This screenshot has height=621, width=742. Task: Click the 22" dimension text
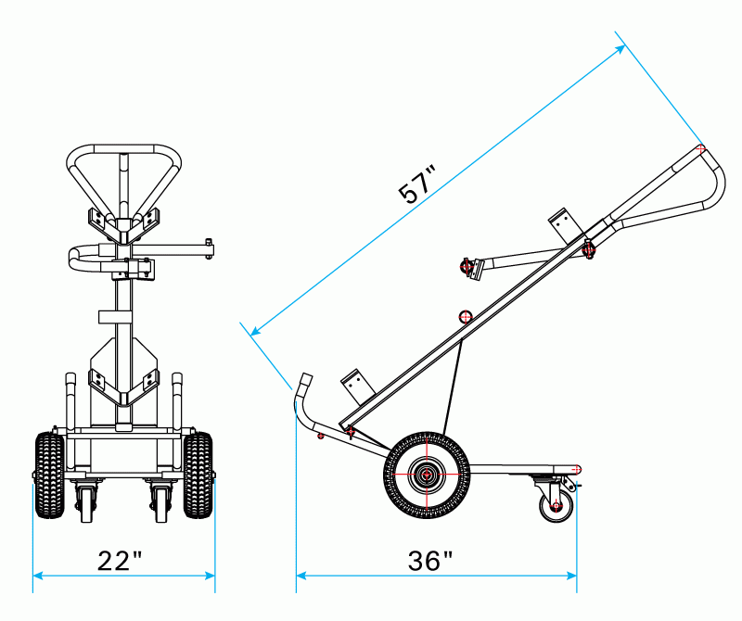pos(121,561)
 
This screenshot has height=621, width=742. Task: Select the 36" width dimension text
pos(430,561)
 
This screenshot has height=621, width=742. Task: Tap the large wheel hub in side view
pos(427,475)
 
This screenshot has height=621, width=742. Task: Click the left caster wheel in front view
pos(85,501)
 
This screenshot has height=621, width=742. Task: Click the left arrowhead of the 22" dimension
pos(37,577)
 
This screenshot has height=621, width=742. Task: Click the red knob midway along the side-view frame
pos(467,317)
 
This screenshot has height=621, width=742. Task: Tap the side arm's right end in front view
pos(210,248)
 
